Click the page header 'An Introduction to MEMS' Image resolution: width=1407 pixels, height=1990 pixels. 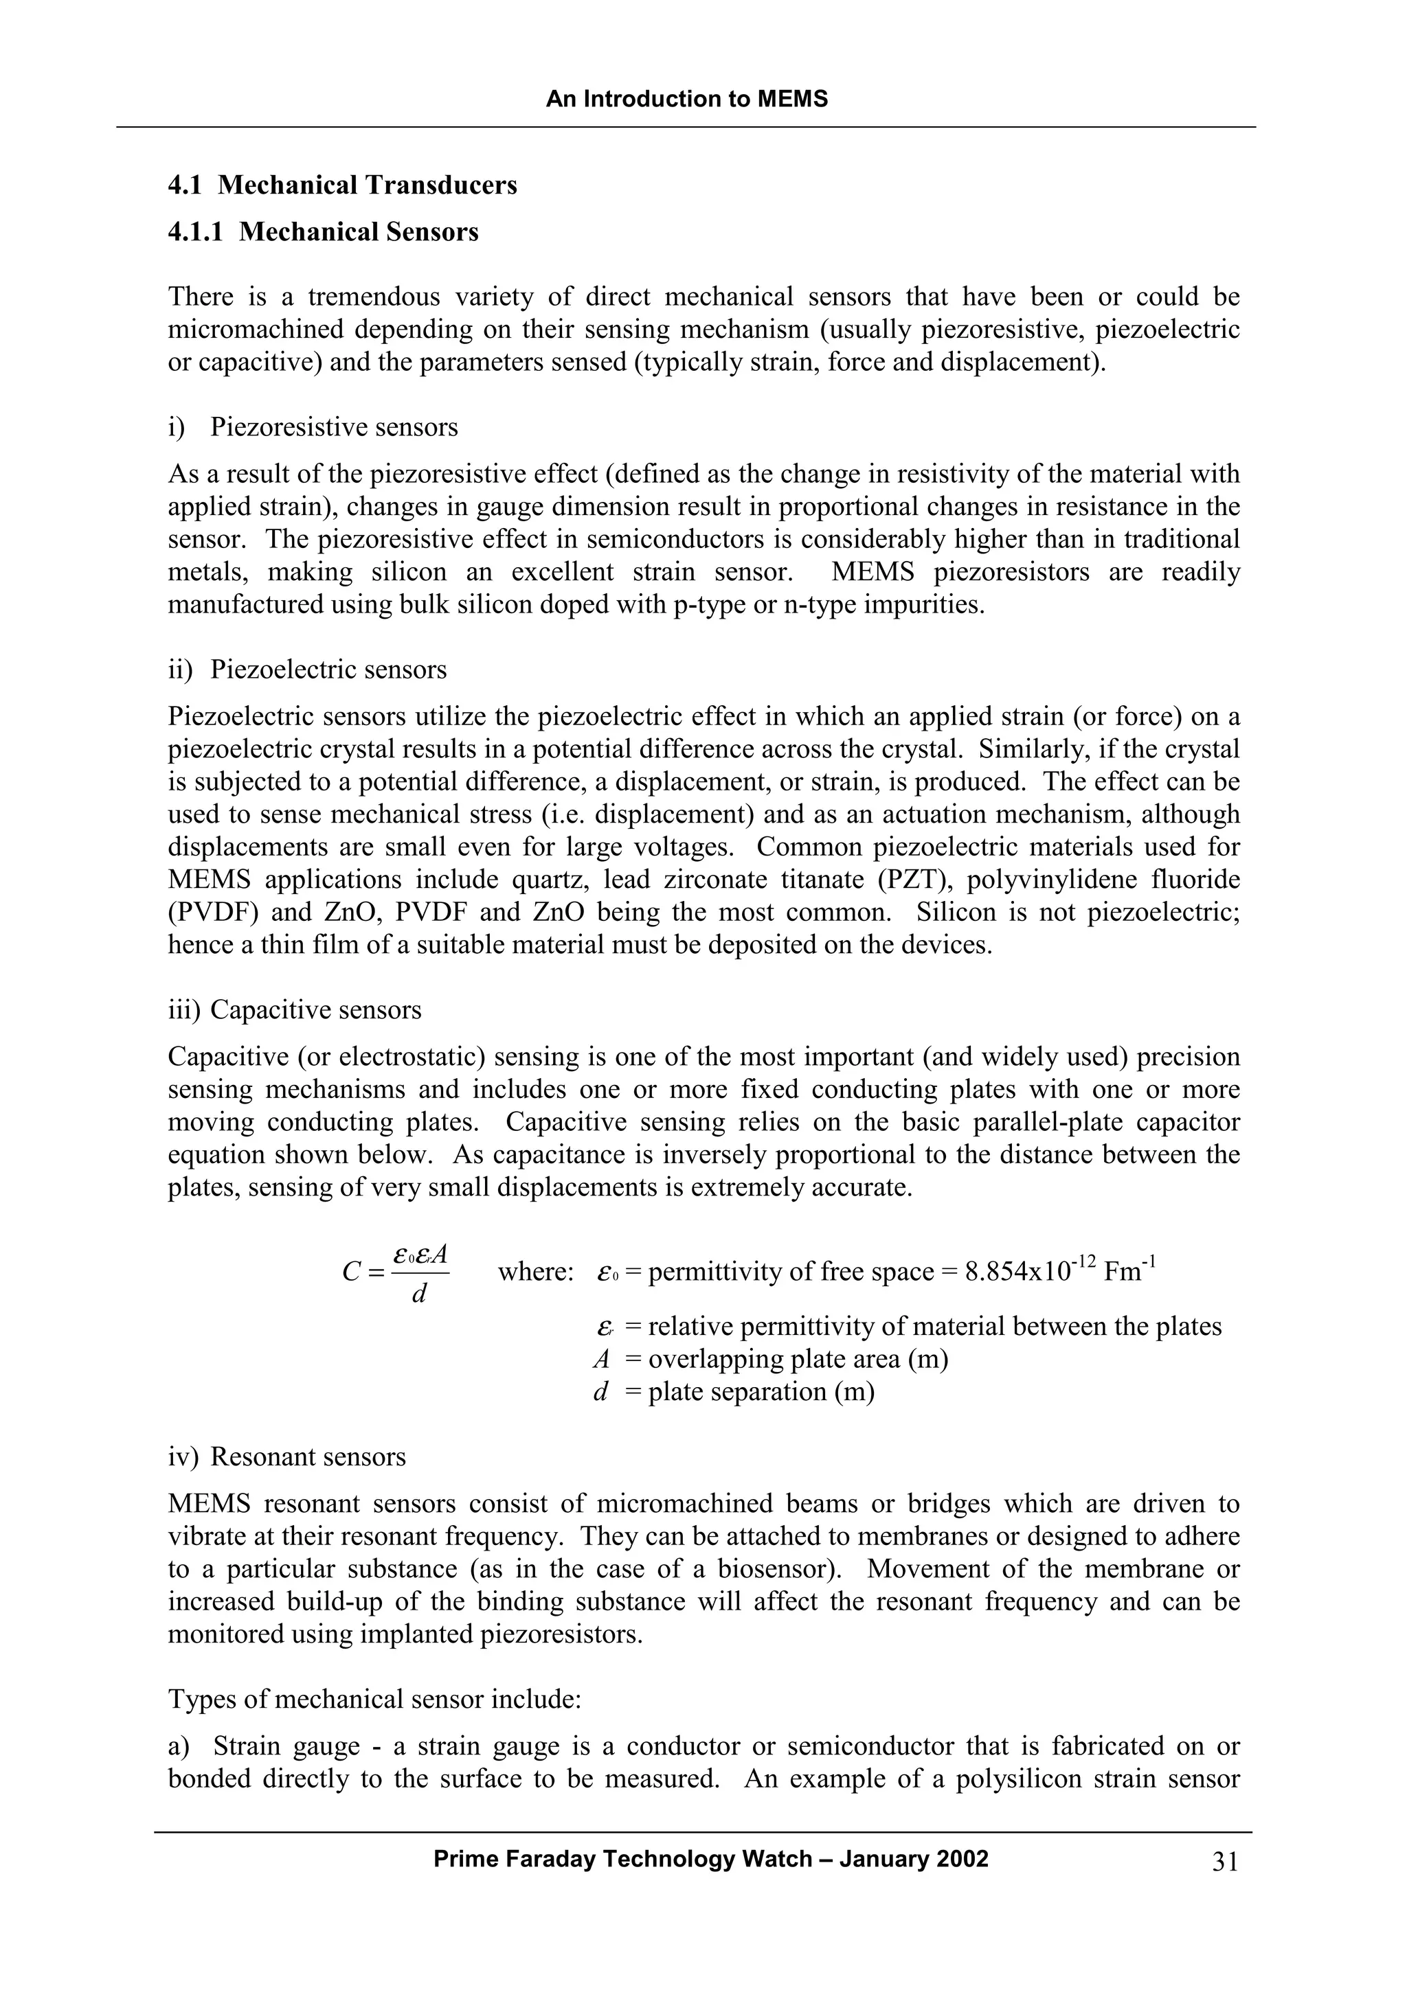[x=686, y=99]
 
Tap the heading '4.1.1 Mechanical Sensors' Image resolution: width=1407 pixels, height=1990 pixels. [x=324, y=231]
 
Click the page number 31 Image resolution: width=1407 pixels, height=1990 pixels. [x=1225, y=1862]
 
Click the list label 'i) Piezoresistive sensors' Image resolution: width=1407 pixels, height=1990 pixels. [x=313, y=426]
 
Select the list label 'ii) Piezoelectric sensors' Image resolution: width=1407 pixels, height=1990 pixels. [x=308, y=669]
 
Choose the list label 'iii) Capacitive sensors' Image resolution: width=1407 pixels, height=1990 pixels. [x=295, y=1009]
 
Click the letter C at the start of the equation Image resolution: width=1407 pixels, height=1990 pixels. [x=351, y=1272]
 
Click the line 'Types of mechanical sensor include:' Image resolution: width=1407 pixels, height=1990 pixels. [x=374, y=1699]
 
